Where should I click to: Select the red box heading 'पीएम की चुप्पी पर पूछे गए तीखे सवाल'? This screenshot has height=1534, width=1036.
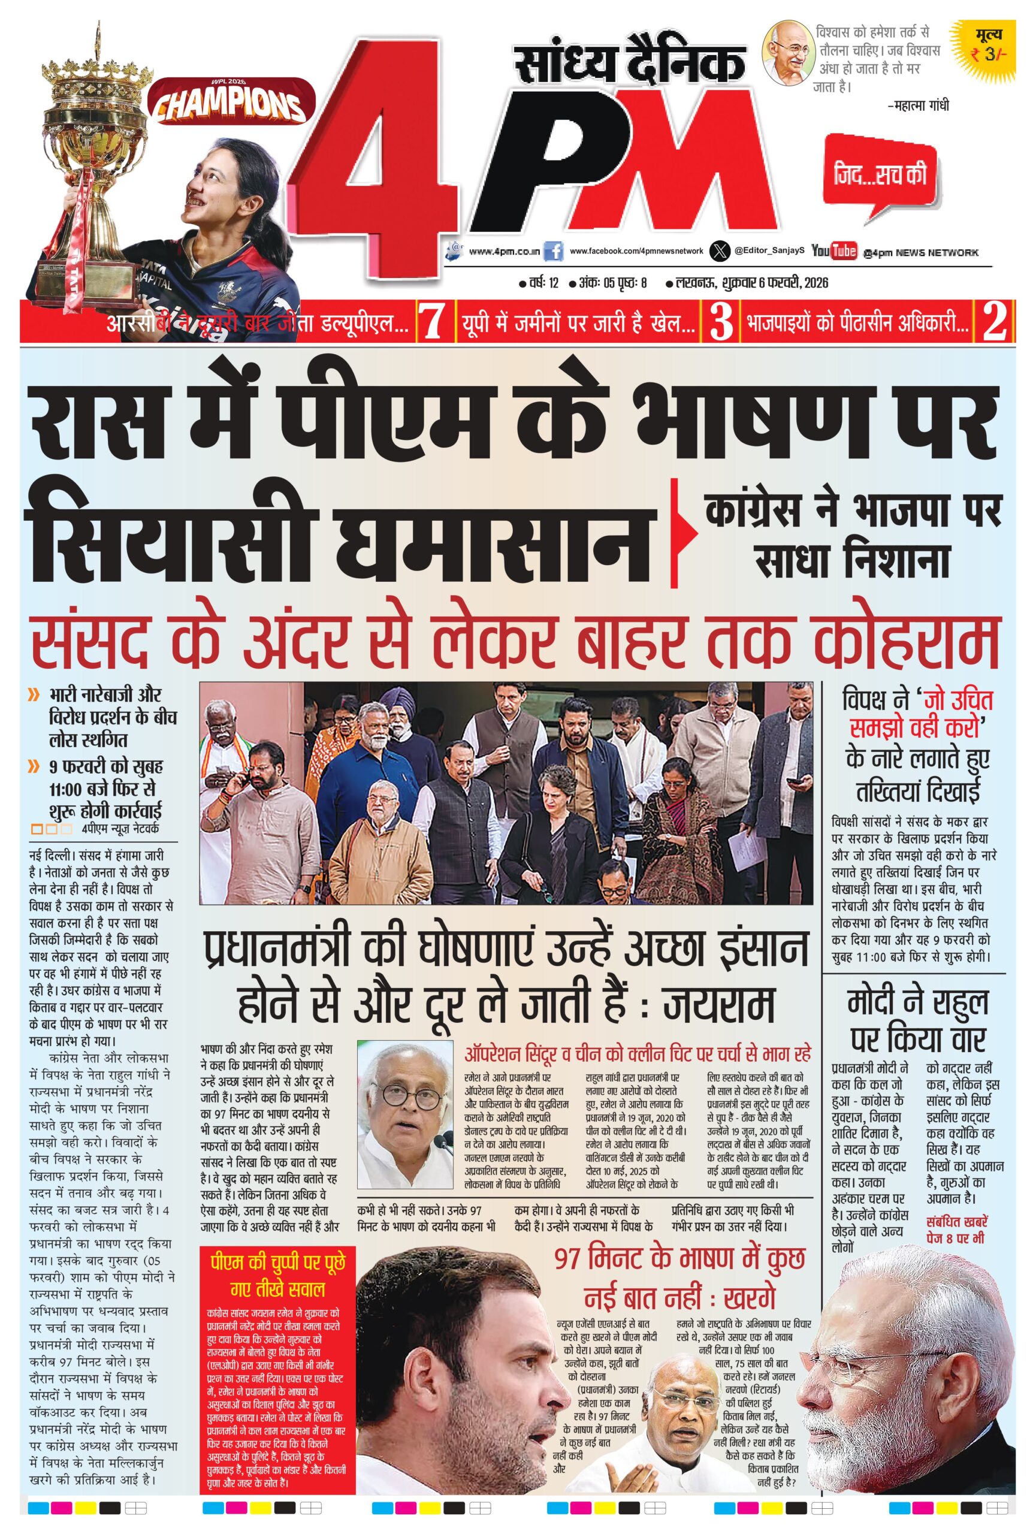tap(277, 1275)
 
